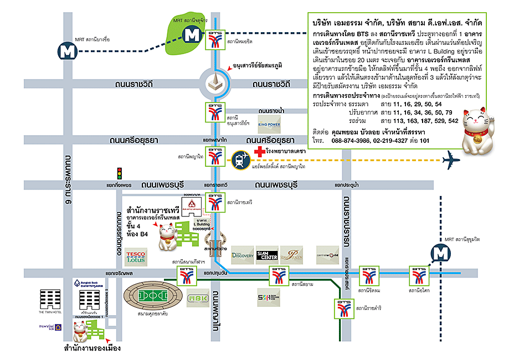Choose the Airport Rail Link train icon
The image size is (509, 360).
pyautogui.click(x=240, y=160)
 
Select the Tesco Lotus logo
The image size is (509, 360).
pyautogui.click(x=136, y=256)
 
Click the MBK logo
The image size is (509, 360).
pyautogui.click(x=197, y=296)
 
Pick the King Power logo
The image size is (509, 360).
pyautogui.click(x=270, y=121)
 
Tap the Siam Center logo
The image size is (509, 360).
pyautogui.click(x=267, y=254)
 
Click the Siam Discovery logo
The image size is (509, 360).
pyautogui.click(x=242, y=254)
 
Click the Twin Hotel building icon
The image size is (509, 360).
pyautogui.click(x=52, y=299)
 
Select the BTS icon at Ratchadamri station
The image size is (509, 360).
pyautogui.click(x=343, y=309)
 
